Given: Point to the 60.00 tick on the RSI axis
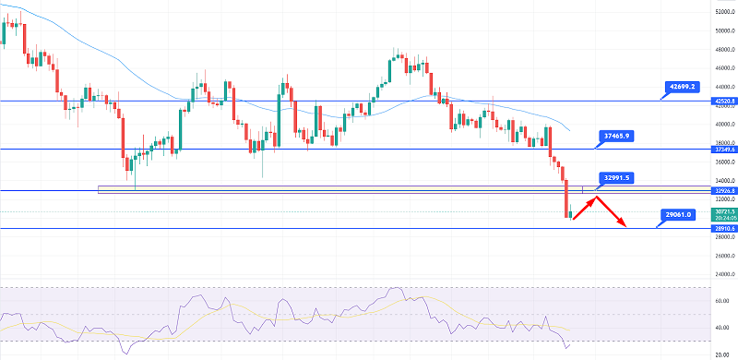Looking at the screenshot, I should click(x=724, y=301).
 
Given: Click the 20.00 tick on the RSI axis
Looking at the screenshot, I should click(x=724, y=353).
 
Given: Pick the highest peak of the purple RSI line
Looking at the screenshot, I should click(x=398, y=289).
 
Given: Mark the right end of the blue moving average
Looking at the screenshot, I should click(x=569, y=131).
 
